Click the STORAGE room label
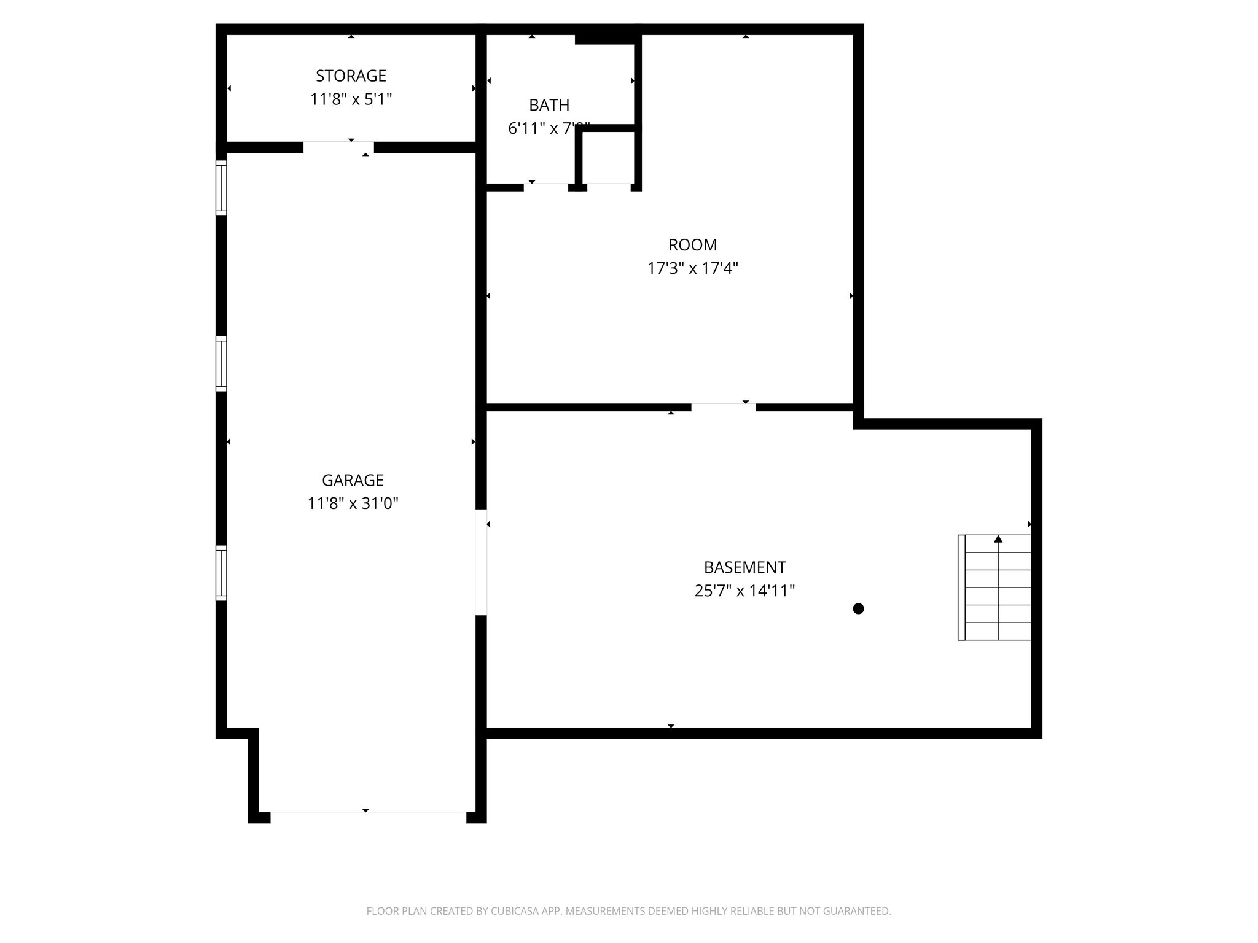pos(351,76)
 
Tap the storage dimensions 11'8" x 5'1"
pos(351,99)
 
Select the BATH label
pos(549,105)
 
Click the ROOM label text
pos(692,245)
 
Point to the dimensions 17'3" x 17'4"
pos(692,268)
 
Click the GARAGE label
pos(353,480)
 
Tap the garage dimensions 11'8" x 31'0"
pos(353,503)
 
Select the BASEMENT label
pos(744,567)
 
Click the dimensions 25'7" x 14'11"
pos(744,591)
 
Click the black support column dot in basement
pos(858,608)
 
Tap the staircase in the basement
pos(994,588)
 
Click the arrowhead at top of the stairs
pos(998,539)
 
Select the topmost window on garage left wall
pos(221,187)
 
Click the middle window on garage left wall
pos(221,363)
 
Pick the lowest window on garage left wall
pos(221,573)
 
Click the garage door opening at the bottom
pos(367,812)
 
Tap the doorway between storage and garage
pos(338,147)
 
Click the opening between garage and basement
pos(481,562)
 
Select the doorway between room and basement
pos(723,407)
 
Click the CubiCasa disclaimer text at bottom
pos(628,911)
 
